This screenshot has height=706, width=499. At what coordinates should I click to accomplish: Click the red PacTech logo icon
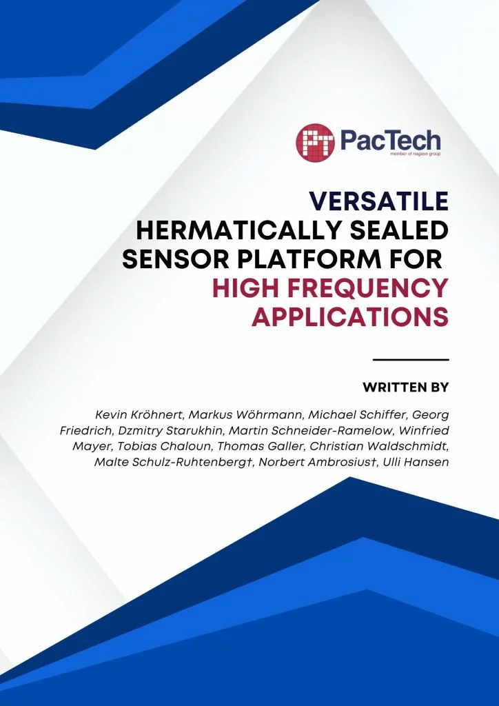click(x=316, y=142)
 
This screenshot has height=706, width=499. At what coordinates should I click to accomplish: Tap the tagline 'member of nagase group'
click(x=416, y=154)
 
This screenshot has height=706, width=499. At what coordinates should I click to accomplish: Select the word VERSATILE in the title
click(x=378, y=201)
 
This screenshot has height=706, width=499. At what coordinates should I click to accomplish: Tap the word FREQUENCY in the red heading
click(x=369, y=289)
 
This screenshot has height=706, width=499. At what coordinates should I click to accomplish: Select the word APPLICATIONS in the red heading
click(x=350, y=318)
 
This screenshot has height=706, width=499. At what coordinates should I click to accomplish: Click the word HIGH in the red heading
click(x=247, y=289)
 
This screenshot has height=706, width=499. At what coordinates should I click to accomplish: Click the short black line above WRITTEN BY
click(x=411, y=360)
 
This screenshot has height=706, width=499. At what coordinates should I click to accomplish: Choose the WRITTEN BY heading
click(x=406, y=387)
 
